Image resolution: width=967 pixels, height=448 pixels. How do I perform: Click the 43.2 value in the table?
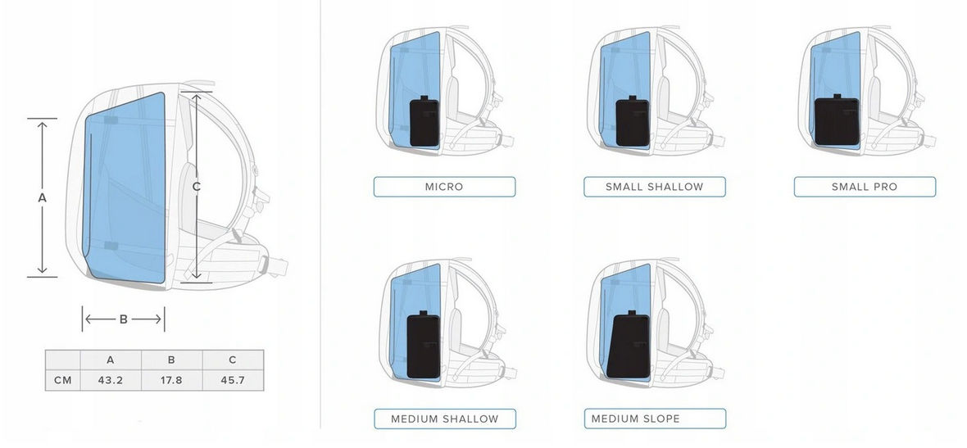[111, 381]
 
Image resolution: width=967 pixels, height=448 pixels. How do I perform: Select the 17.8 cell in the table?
[171, 381]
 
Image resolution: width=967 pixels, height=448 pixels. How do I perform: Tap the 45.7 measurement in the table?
[233, 381]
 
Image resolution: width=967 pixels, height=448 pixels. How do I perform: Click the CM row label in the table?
[62, 381]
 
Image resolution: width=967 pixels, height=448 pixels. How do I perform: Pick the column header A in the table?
[111, 360]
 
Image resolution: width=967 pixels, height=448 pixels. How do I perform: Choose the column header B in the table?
[171, 360]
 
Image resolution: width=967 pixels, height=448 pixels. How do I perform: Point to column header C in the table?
[233, 360]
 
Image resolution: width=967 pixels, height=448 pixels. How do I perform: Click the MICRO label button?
[444, 187]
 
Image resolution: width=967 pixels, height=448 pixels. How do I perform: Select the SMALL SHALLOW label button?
[654, 187]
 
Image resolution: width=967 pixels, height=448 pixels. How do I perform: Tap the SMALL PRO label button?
[865, 187]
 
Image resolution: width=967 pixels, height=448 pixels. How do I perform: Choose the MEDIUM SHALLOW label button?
[444, 419]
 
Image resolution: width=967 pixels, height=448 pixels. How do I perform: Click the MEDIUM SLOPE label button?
[654, 419]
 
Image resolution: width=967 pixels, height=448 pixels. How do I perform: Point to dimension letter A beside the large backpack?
[43, 197]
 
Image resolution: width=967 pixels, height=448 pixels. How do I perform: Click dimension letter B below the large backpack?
[124, 319]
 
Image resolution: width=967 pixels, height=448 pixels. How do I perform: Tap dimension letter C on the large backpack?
[197, 187]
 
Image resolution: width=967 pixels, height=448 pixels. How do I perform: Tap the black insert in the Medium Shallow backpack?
[424, 347]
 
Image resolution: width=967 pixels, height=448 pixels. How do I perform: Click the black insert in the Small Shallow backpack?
[632, 123]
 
